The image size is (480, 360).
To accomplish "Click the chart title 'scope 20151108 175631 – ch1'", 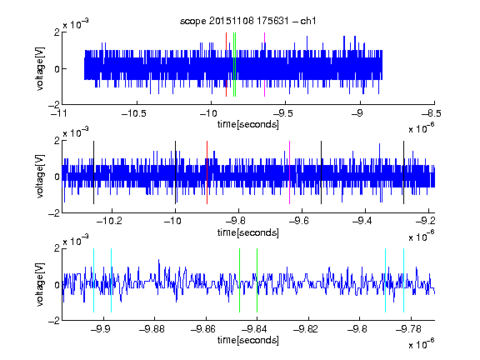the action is point(247,21).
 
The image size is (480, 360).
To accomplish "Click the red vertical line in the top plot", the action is point(226,65).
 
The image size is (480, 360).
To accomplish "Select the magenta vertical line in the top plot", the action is point(264,65).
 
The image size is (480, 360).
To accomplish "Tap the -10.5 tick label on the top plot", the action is point(134,113).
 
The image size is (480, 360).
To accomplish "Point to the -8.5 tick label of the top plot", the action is point(432,113).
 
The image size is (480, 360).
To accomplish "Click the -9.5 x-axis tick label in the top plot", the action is point(282,113).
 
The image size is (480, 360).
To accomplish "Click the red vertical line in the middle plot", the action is point(207,172).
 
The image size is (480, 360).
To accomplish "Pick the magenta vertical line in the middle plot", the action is point(290,172).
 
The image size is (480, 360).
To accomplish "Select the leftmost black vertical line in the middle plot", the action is point(93,172).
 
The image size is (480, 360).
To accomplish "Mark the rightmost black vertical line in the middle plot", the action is point(403,172).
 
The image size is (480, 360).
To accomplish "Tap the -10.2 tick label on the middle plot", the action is point(109,221).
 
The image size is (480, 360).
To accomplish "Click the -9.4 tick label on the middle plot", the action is point(362,221).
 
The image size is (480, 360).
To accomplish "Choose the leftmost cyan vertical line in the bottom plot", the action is point(93,280).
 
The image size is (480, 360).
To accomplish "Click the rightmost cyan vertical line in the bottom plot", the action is point(403,280).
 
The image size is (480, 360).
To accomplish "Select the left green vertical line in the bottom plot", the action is point(239,280).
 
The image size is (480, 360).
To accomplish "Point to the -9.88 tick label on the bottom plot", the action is point(152,329).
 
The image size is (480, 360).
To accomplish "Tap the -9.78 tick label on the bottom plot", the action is point(408,329).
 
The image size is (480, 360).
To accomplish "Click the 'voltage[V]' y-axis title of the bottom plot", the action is point(40,284).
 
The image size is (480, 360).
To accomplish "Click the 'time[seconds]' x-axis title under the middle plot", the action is point(248,232).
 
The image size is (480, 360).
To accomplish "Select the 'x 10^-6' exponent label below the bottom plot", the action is point(422,343).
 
